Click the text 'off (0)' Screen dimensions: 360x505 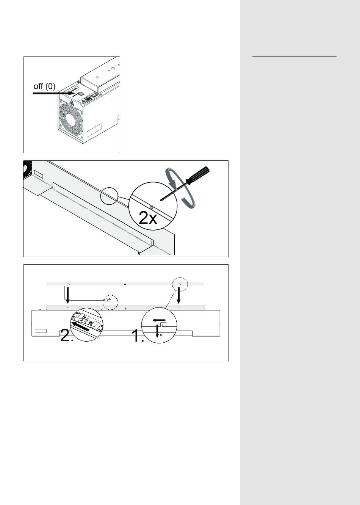tap(44, 86)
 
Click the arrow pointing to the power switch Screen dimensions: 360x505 tap(53, 93)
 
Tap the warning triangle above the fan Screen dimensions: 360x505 tap(72, 103)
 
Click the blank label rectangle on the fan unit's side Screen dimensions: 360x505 tap(94, 130)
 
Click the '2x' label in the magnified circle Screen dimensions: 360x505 tap(148, 218)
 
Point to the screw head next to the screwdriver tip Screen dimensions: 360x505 tap(152, 206)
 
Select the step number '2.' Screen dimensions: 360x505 tap(67, 336)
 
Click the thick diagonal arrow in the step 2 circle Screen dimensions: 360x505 tap(80, 326)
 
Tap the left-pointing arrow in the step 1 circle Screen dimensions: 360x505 tap(159, 320)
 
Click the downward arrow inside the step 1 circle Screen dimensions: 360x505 tap(157, 331)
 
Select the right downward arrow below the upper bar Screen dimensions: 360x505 tap(178, 295)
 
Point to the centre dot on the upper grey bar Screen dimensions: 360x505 tap(125, 284)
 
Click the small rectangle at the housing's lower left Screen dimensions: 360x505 tap(41, 331)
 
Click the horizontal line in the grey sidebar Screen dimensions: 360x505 tap(294, 56)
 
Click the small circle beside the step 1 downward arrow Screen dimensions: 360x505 tap(161, 335)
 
